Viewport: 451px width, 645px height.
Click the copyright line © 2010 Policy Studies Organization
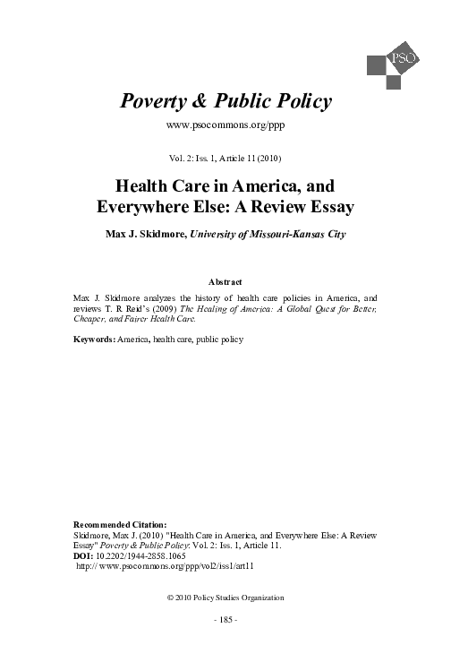pos(225,596)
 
